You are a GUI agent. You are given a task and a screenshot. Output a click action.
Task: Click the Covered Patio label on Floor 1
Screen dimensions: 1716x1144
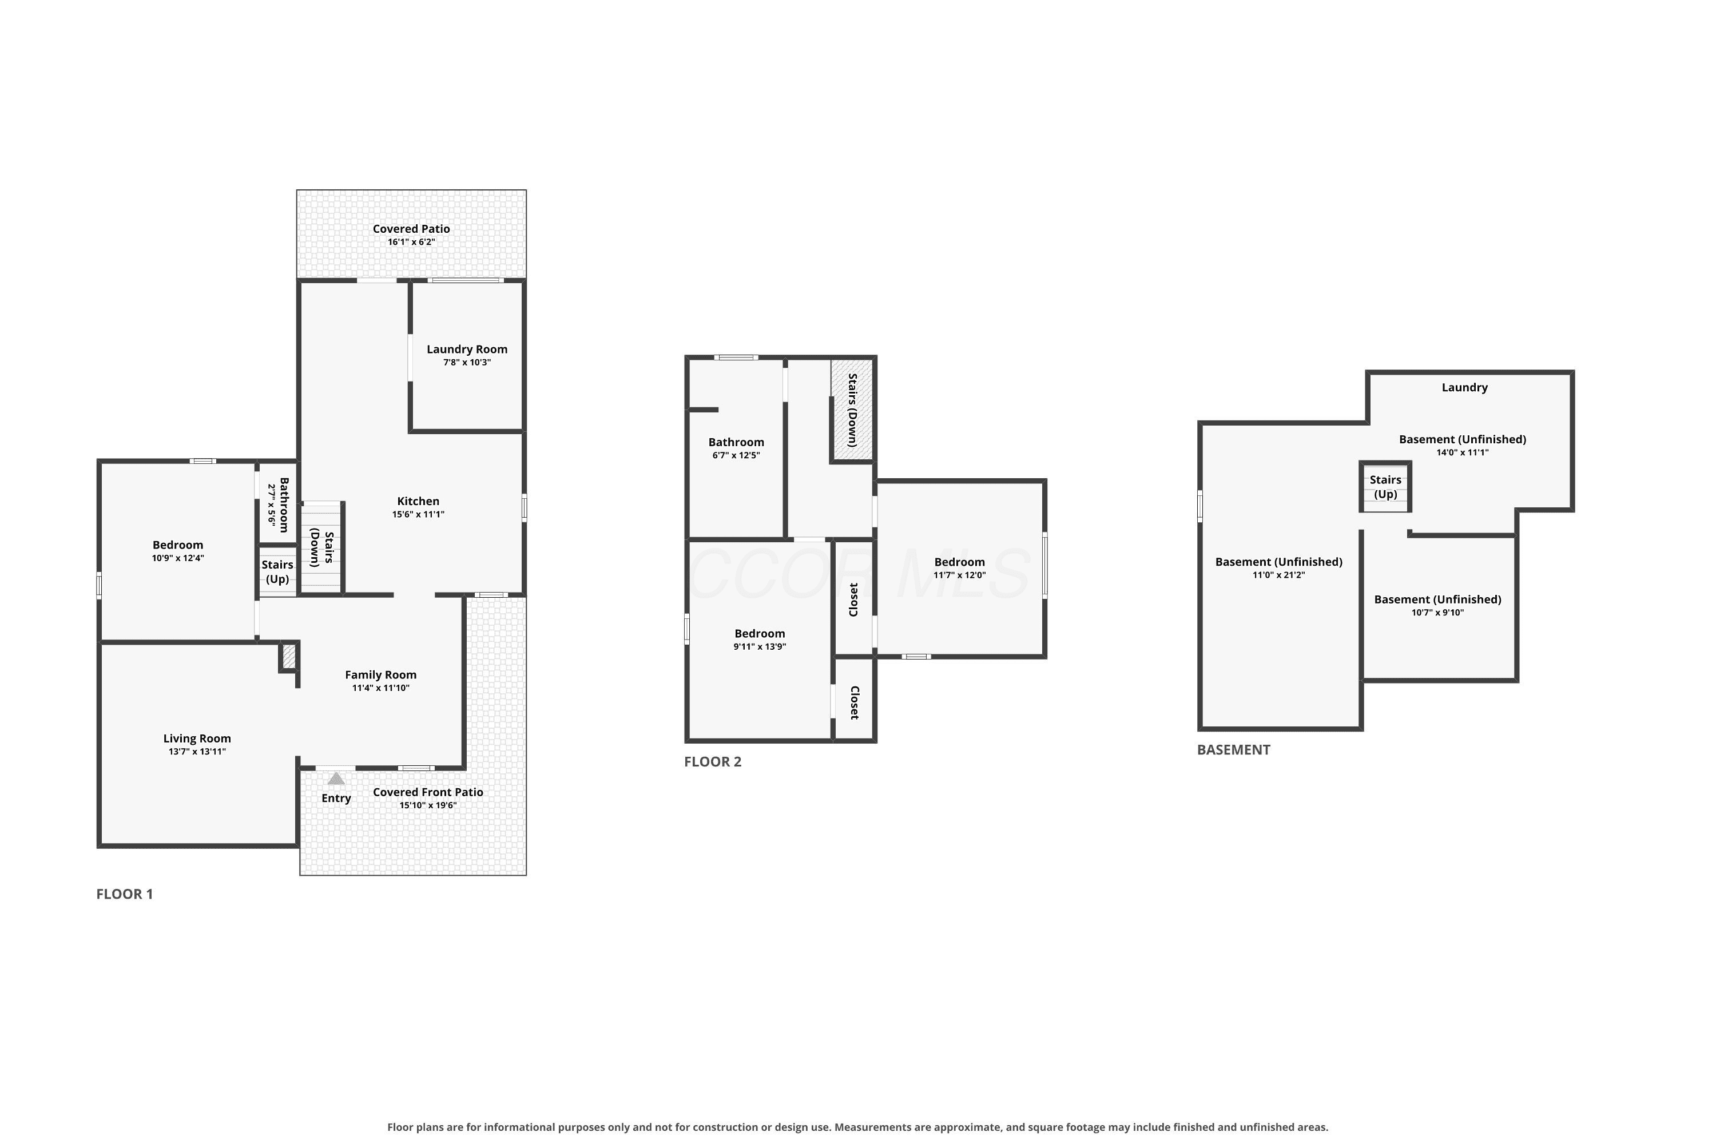coord(411,228)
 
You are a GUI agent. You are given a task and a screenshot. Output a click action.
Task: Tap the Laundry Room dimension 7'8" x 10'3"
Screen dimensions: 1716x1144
coord(467,363)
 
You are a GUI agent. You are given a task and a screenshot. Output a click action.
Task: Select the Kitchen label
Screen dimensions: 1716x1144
coord(418,501)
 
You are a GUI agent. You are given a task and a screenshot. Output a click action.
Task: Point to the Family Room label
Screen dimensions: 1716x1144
coord(380,675)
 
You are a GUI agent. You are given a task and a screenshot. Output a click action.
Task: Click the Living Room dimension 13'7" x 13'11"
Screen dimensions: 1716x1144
coord(197,752)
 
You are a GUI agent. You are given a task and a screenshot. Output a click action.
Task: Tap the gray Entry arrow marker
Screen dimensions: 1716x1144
coord(336,778)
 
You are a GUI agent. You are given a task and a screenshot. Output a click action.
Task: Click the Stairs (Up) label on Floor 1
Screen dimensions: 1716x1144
coord(277,572)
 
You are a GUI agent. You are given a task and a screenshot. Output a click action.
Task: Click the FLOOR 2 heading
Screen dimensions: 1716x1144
coord(712,762)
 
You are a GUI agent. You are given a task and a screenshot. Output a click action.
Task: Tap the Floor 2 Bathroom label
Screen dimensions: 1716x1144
coord(736,442)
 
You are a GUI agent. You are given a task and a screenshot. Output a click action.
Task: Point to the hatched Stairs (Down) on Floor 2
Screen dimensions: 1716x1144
coord(852,410)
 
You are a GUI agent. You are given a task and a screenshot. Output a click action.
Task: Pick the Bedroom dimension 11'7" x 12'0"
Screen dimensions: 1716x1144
coord(959,575)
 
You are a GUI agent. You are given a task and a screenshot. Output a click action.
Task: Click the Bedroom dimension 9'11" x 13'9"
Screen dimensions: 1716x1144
coord(760,646)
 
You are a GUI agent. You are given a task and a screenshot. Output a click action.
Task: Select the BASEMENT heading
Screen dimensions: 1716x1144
coord(1233,750)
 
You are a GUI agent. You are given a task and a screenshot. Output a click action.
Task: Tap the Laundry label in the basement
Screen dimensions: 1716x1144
coord(1464,387)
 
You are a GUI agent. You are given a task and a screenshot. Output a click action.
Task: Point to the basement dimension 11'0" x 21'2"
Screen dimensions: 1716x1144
coord(1278,575)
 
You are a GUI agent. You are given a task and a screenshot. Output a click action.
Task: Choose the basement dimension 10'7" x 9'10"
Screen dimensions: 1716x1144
coord(1437,612)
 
